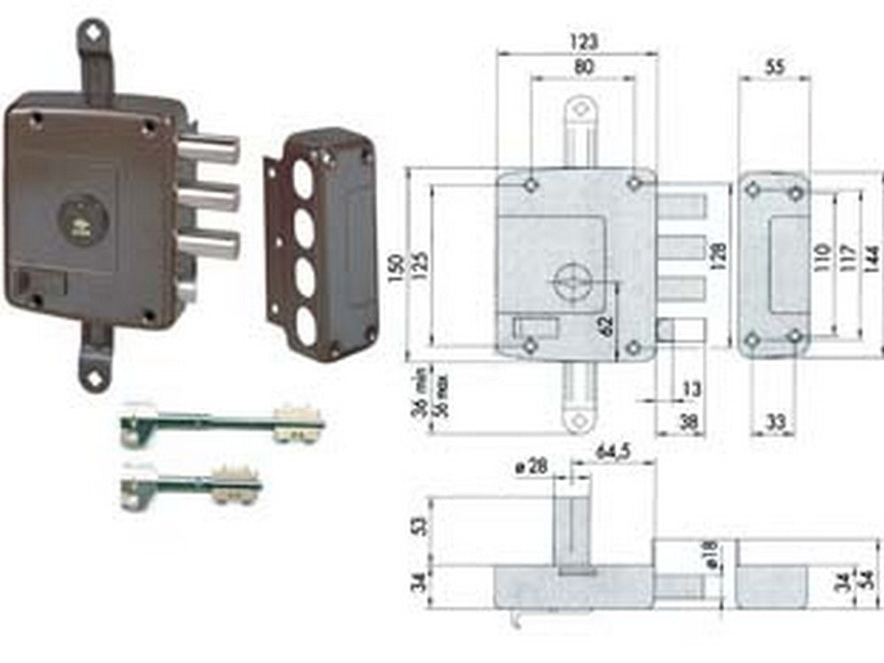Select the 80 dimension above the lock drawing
pos(583,66)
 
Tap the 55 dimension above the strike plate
pos(774,65)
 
